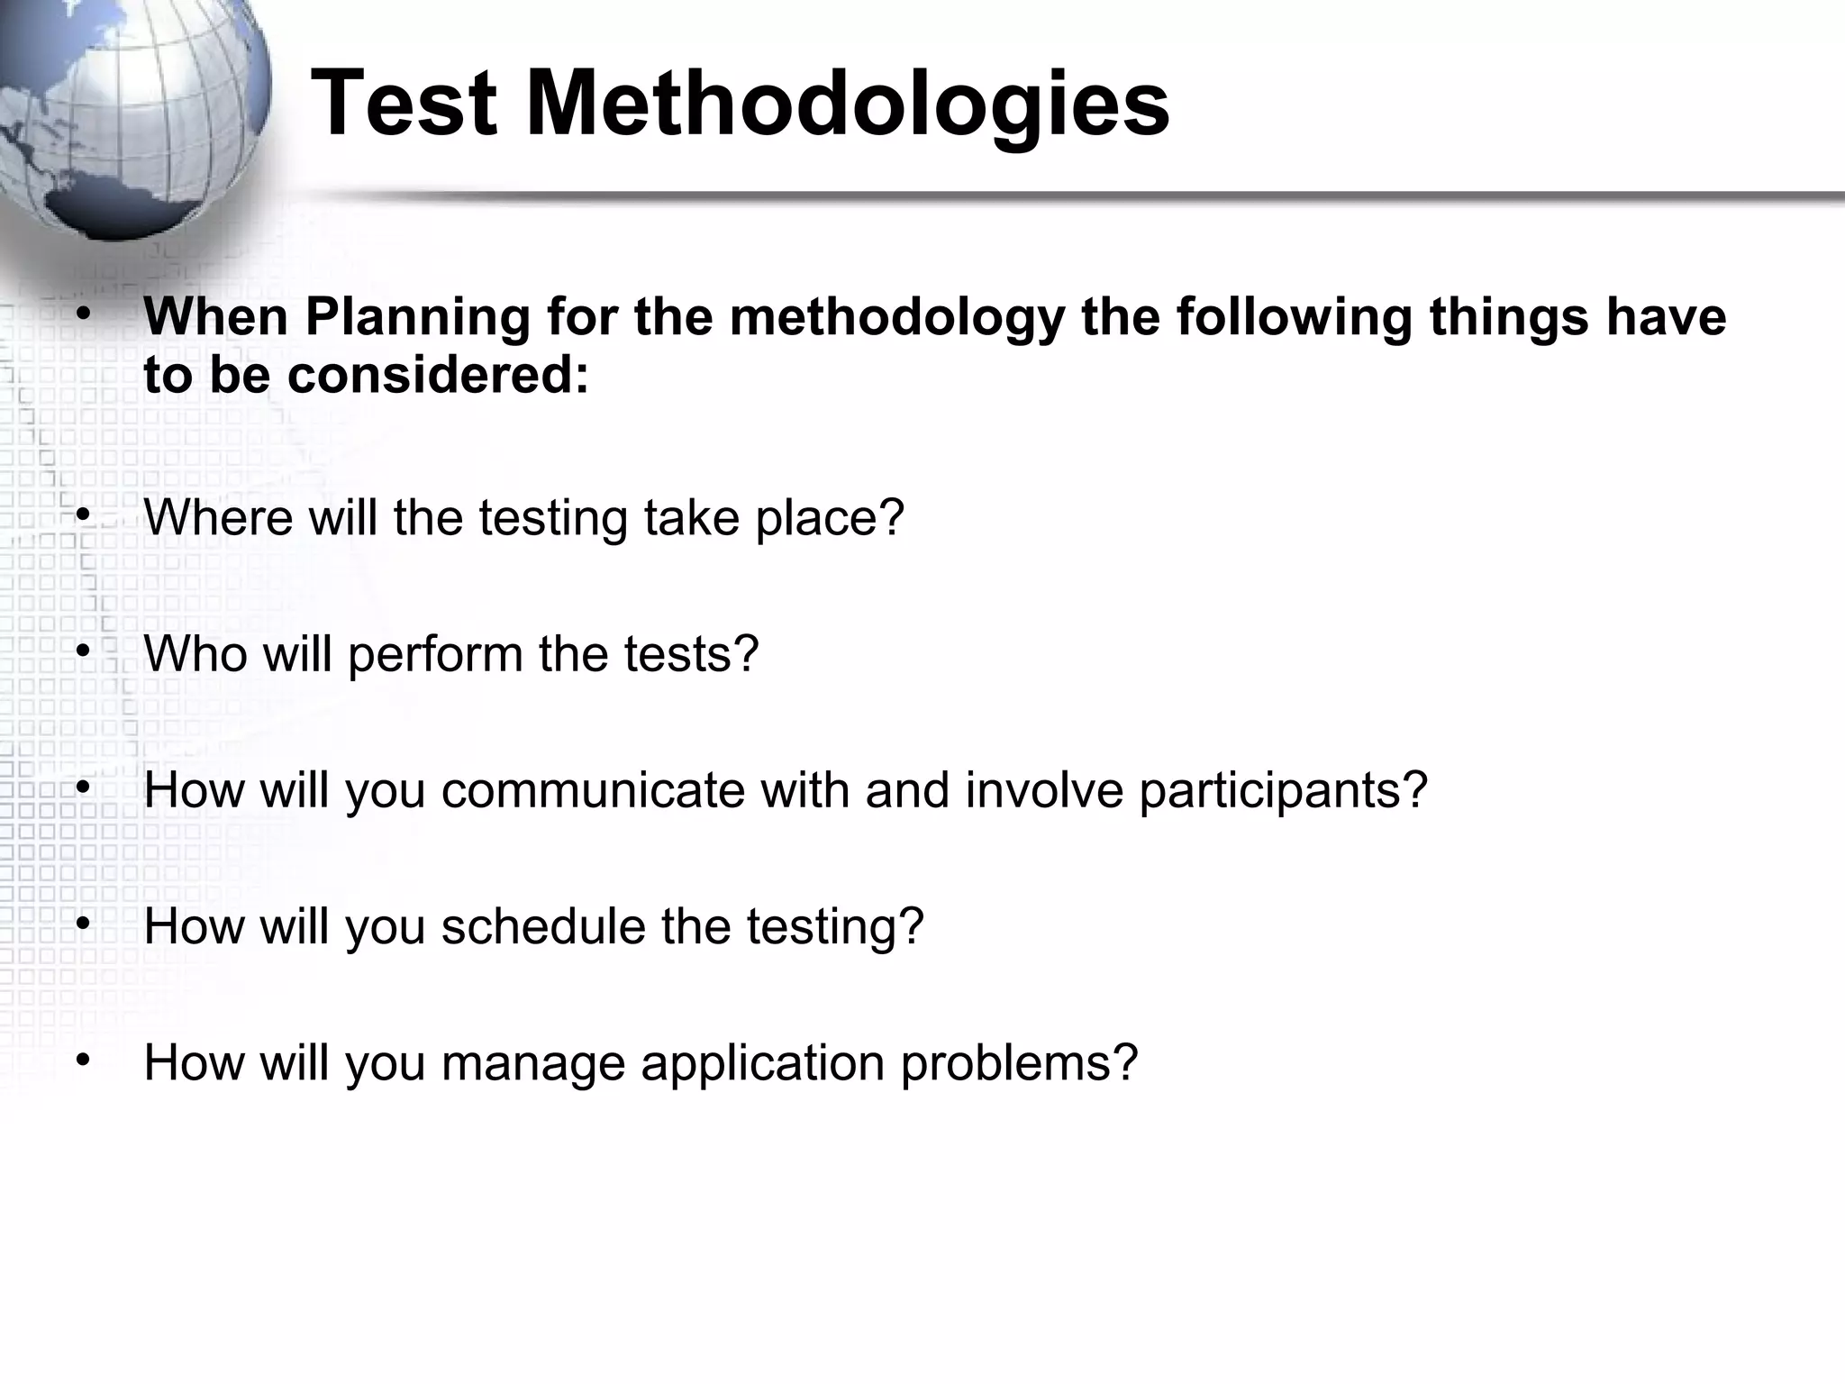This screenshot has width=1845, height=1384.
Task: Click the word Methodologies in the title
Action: pos(848,106)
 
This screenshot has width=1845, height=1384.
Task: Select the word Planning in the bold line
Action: pos(417,318)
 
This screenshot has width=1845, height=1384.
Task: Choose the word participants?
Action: pos(1283,791)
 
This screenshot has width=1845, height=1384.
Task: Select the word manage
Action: pos(532,1063)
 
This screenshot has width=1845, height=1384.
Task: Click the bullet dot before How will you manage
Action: pos(83,1059)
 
